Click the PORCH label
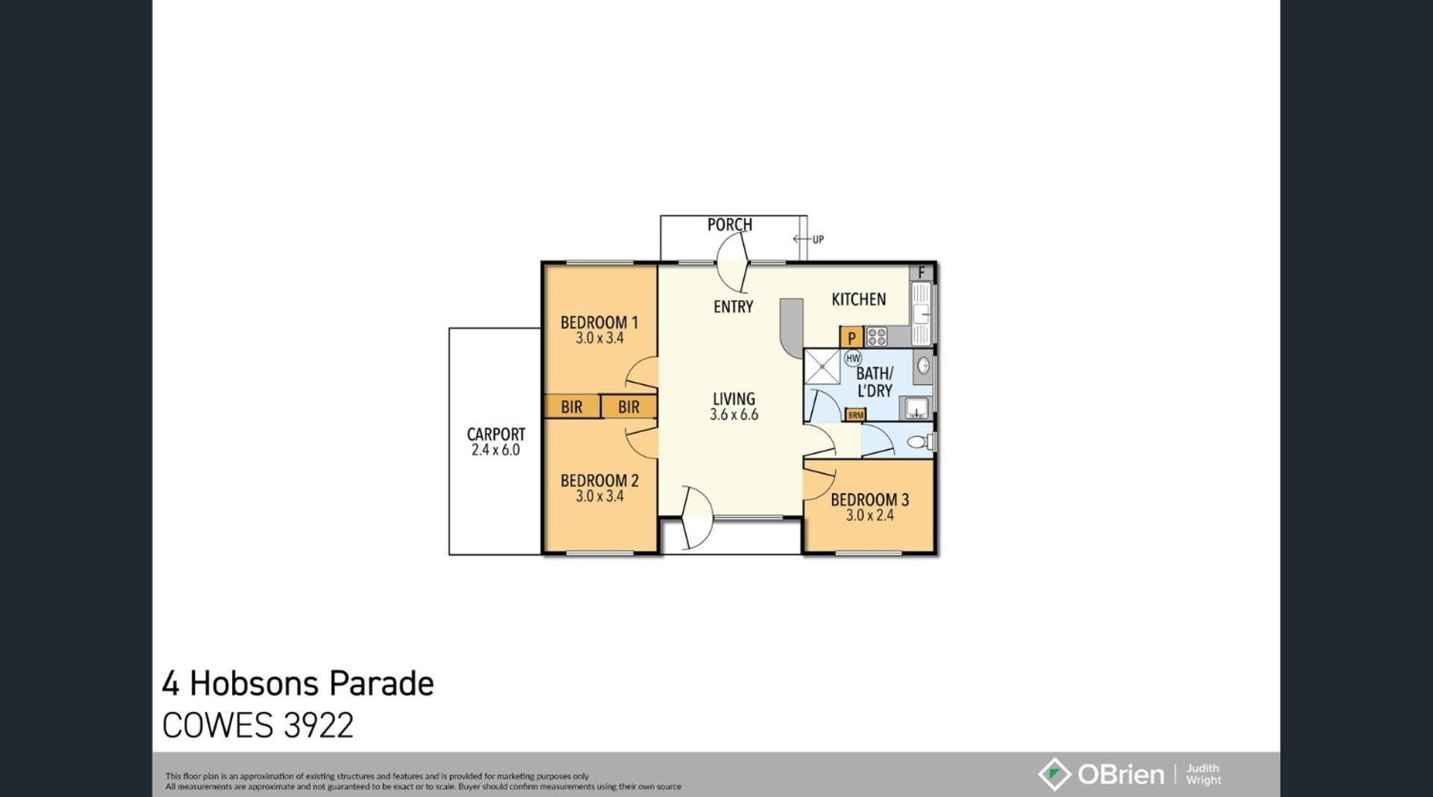729,225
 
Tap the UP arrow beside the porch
802,240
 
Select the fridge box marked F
922,272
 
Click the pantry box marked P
852,337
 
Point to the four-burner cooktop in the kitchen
877,337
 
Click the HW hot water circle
853,358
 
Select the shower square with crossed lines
822,366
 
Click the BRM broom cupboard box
855,414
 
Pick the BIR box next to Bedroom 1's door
628,407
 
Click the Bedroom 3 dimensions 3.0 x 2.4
870,515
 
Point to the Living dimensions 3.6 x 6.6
734,415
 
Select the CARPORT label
496,434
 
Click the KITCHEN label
859,299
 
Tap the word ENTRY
733,307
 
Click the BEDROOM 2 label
599,481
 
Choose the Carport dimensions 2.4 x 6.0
496,450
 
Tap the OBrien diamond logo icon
1054,774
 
